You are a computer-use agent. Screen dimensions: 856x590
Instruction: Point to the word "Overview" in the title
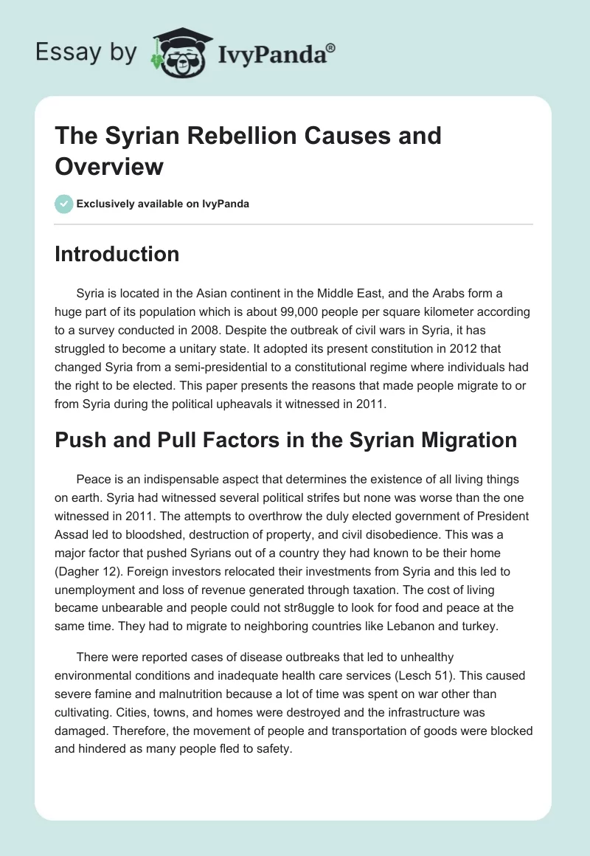click(x=109, y=167)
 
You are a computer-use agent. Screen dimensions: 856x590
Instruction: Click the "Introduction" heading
click(x=117, y=254)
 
